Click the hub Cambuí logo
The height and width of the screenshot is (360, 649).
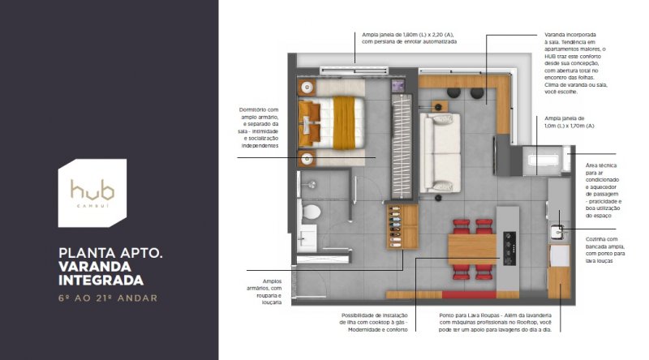tap(92, 193)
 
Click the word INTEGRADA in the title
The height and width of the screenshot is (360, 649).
tap(101, 281)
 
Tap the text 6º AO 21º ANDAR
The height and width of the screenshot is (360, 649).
tap(108, 298)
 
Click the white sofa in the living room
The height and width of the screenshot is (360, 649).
tap(440, 153)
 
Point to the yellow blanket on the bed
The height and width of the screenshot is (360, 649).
tap(344, 122)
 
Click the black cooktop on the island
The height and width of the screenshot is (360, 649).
tap(509, 248)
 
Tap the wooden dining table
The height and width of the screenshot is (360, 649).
tap(472, 249)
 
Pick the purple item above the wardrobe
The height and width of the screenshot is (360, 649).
tap(398, 86)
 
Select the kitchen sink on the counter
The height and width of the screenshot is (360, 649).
tap(559, 233)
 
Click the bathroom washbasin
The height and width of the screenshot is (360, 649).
tap(307, 238)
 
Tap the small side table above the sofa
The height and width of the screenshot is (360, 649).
tap(439, 107)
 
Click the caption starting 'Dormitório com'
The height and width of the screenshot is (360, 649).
tap(260, 128)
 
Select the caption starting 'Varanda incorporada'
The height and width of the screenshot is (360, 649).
tap(576, 63)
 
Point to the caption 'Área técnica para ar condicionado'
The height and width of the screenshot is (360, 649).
tap(604, 191)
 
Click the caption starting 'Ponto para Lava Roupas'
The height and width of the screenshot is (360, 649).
tap(495, 323)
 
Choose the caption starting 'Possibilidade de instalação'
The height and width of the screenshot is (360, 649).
tap(374, 323)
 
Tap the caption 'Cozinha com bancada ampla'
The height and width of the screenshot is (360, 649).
tap(605, 250)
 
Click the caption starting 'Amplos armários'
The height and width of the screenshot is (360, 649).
tap(264, 292)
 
